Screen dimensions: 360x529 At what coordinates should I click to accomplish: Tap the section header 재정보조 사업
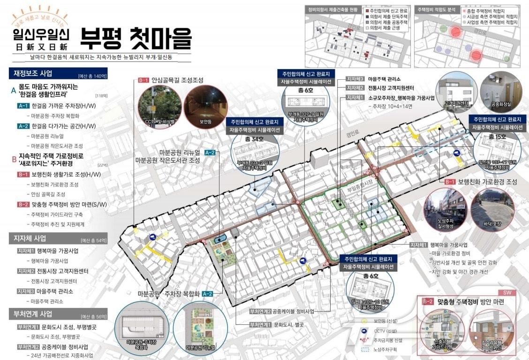click(33, 73)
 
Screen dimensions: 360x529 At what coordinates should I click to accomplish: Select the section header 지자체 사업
click(30, 238)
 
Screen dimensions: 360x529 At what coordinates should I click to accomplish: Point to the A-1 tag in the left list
click(23, 106)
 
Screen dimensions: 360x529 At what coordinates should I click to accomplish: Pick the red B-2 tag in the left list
click(23, 204)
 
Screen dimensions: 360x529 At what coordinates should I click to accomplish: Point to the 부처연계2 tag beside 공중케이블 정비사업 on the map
click(260, 312)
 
